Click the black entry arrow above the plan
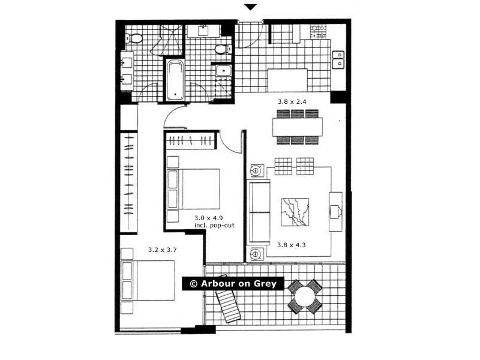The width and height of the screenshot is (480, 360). pos(251,7)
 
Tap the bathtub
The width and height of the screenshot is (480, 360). pos(175,79)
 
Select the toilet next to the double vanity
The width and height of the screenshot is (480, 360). pos(136,38)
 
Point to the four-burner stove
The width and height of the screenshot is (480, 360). pos(318,31)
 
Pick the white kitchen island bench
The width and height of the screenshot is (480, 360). pos(287,79)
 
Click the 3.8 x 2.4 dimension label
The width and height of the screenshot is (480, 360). pos(292,102)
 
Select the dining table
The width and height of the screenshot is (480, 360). pos(297,127)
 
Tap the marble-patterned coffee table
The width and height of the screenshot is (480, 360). pos(295,212)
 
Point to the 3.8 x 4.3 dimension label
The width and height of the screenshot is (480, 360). pos(292,245)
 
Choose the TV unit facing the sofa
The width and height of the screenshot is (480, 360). pos(335,211)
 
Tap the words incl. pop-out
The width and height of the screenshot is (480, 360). pos(214,226)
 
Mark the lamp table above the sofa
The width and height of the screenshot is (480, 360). pos(256,171)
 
